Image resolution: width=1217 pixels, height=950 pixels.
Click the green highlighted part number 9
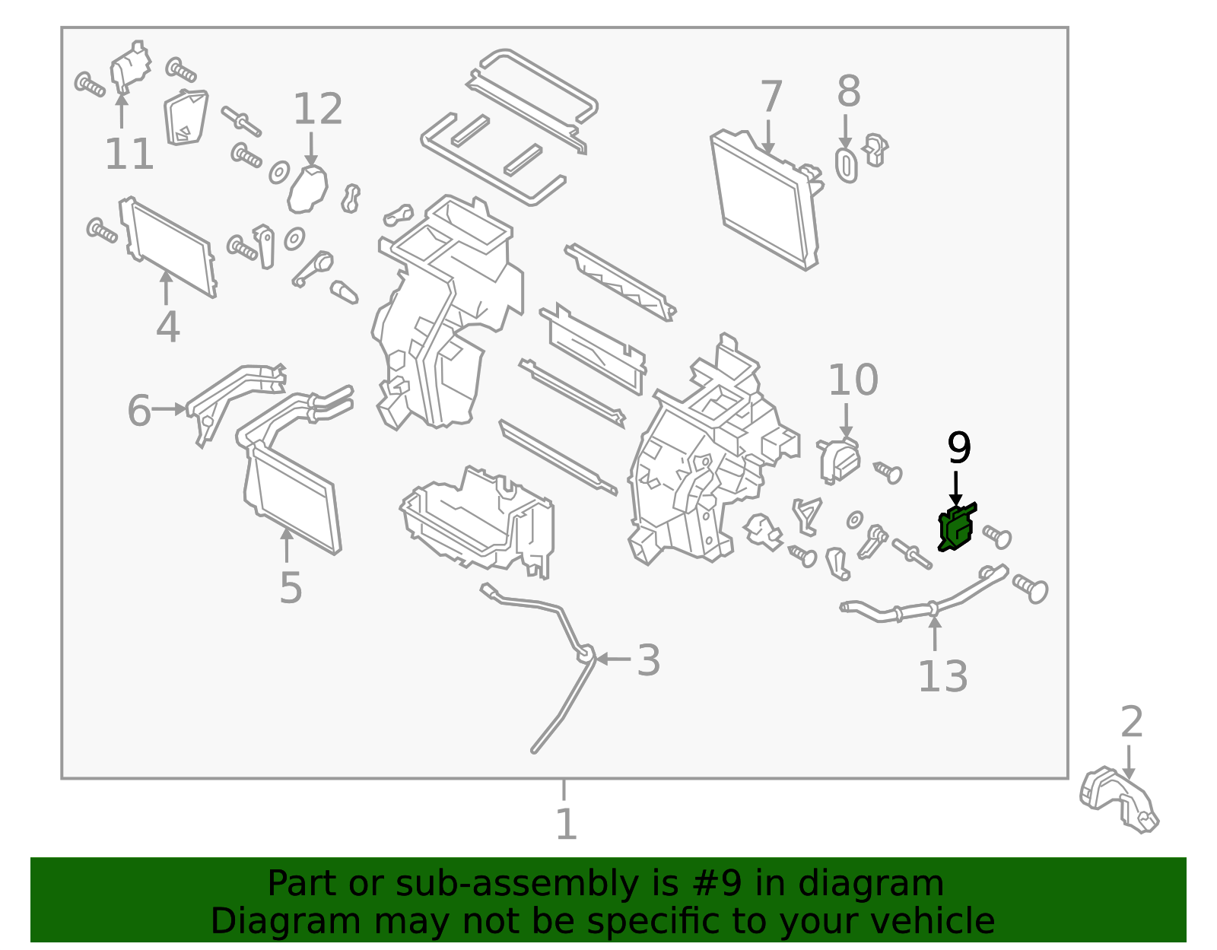tap(957, 527)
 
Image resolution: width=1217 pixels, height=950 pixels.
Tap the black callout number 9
tap(958, 448)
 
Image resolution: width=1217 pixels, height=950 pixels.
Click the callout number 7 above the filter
tap(771, 97)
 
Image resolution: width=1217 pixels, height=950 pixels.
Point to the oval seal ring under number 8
tap(846, 166)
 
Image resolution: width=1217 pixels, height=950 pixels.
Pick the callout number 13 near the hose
tap(942, 675)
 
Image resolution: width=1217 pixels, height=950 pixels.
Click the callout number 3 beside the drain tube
tap(648, 659)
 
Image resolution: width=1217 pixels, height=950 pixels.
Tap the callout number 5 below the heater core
tap(291, 586)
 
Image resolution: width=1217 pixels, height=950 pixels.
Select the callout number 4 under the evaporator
tap(167, 326)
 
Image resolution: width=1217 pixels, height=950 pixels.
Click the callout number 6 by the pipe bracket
tap(138, 410)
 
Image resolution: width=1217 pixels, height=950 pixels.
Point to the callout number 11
tap(129, 154)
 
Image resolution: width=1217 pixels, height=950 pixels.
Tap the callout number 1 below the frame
tap(565, 824)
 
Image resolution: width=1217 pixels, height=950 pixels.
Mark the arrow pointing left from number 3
tap(612, 659)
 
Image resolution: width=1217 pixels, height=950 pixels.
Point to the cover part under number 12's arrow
tap(307, 189)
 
